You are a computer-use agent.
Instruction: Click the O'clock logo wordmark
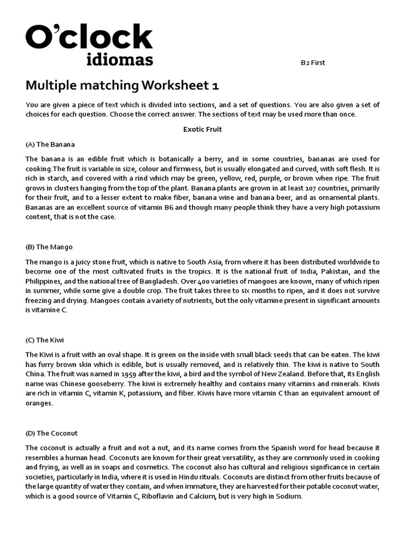pos(89,37)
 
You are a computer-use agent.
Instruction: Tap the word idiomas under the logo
pos(120,59)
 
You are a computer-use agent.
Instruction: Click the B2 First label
pos(313,62)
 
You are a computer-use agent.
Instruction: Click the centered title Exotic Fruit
pos(202,130)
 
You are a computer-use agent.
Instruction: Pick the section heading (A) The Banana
pos(50,144)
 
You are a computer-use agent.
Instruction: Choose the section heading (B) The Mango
pos(49,247)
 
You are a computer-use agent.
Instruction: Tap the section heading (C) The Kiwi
pos(45,340)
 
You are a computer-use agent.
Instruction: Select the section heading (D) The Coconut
pos(51,433)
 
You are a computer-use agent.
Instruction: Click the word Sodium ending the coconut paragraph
pos(289,497)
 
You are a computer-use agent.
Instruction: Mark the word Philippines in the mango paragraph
pos(45,281)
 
